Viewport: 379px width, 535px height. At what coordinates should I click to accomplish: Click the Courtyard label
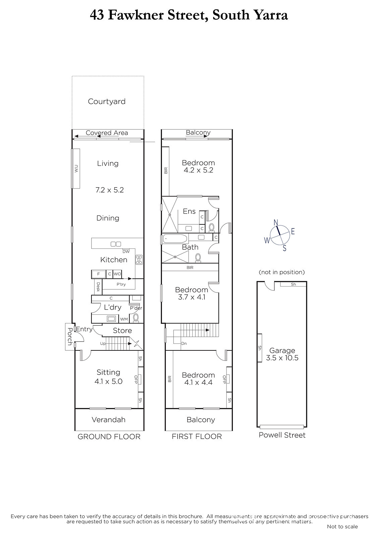click(107, 102)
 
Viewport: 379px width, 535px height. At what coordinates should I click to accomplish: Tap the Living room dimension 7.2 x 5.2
click(110, 190)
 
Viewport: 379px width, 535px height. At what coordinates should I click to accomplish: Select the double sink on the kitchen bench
click(116, 244)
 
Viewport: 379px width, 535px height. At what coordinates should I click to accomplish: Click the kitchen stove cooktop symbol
click(139, 260)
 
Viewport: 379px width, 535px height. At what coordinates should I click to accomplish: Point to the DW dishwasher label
click(126, 251)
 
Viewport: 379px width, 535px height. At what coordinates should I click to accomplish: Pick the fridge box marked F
click(99, 274)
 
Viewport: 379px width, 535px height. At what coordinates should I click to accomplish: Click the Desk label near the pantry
click(98, 287)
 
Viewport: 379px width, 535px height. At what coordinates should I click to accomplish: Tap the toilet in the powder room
click(136, 318)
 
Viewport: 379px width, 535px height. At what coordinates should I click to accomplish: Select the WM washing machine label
click(124, 319)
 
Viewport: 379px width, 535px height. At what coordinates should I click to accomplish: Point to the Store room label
click(122, 331)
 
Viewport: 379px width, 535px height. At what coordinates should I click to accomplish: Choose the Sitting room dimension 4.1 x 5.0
click(109, 382)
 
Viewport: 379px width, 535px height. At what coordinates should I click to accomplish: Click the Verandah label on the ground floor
click(109, 420)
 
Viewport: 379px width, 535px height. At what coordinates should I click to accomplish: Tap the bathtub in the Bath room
click(175, 239)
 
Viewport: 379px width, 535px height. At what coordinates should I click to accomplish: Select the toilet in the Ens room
click(212, 227)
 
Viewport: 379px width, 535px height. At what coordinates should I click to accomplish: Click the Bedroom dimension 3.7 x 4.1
click(192, 297)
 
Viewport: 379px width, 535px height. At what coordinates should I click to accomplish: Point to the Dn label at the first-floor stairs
click(184, 344)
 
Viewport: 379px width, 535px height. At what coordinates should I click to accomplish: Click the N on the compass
click(276, 222)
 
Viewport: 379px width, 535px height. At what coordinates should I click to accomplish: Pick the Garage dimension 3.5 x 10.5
click(282, 358)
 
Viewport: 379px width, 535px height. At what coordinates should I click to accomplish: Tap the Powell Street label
click(282, 435)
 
